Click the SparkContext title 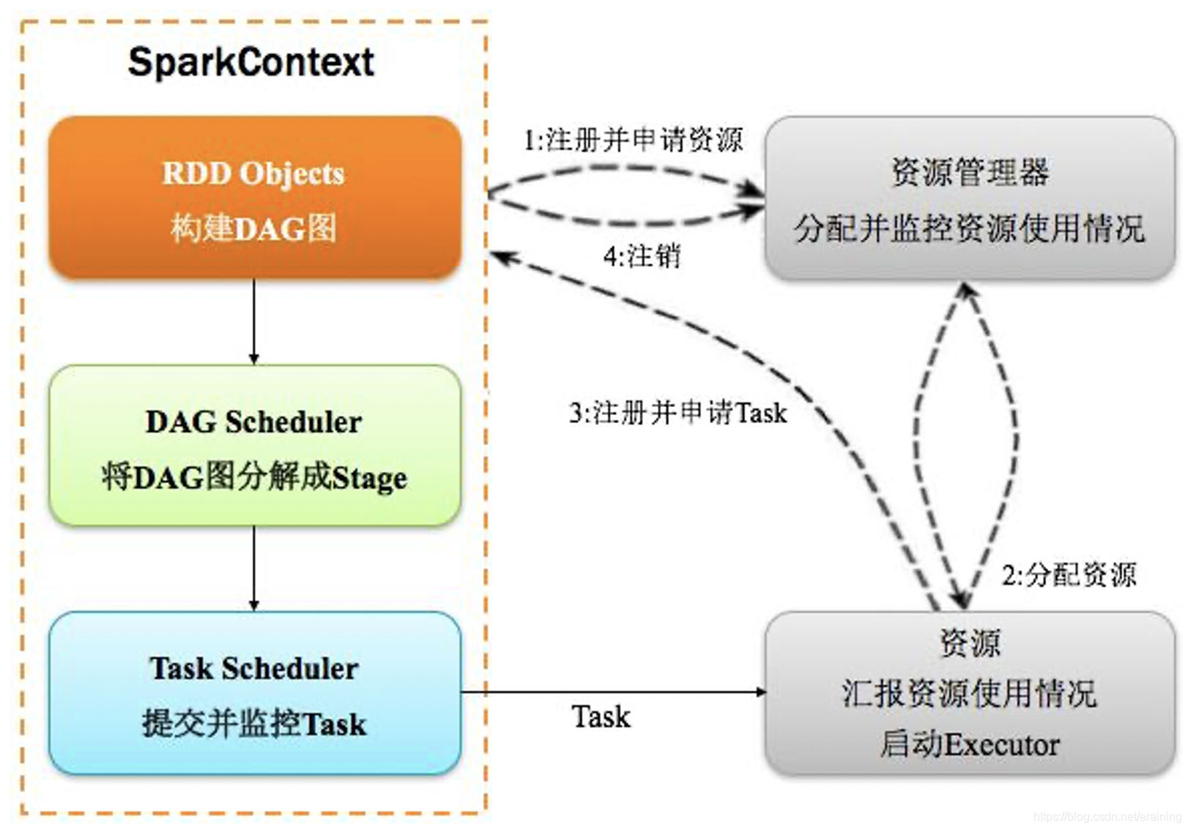(x=250, y=62)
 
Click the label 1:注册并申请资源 (x=633, y=139)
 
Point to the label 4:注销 (x=642, y=256)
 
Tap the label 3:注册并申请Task (x=677, y=413)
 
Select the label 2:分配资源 (x=1069, y=575)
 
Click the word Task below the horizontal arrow (x=601, y=717)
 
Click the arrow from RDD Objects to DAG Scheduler (x=254, y=322)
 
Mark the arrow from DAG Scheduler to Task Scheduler (x=254, y=569)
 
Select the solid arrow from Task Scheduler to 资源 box (x=612, y=692)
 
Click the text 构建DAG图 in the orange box (x=254, y=228)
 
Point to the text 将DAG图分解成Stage (x=254, y=477)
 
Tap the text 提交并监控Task (x=254, y=724)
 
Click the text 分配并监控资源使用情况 (x=969, y=228)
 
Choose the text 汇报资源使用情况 (x=969, y=693)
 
